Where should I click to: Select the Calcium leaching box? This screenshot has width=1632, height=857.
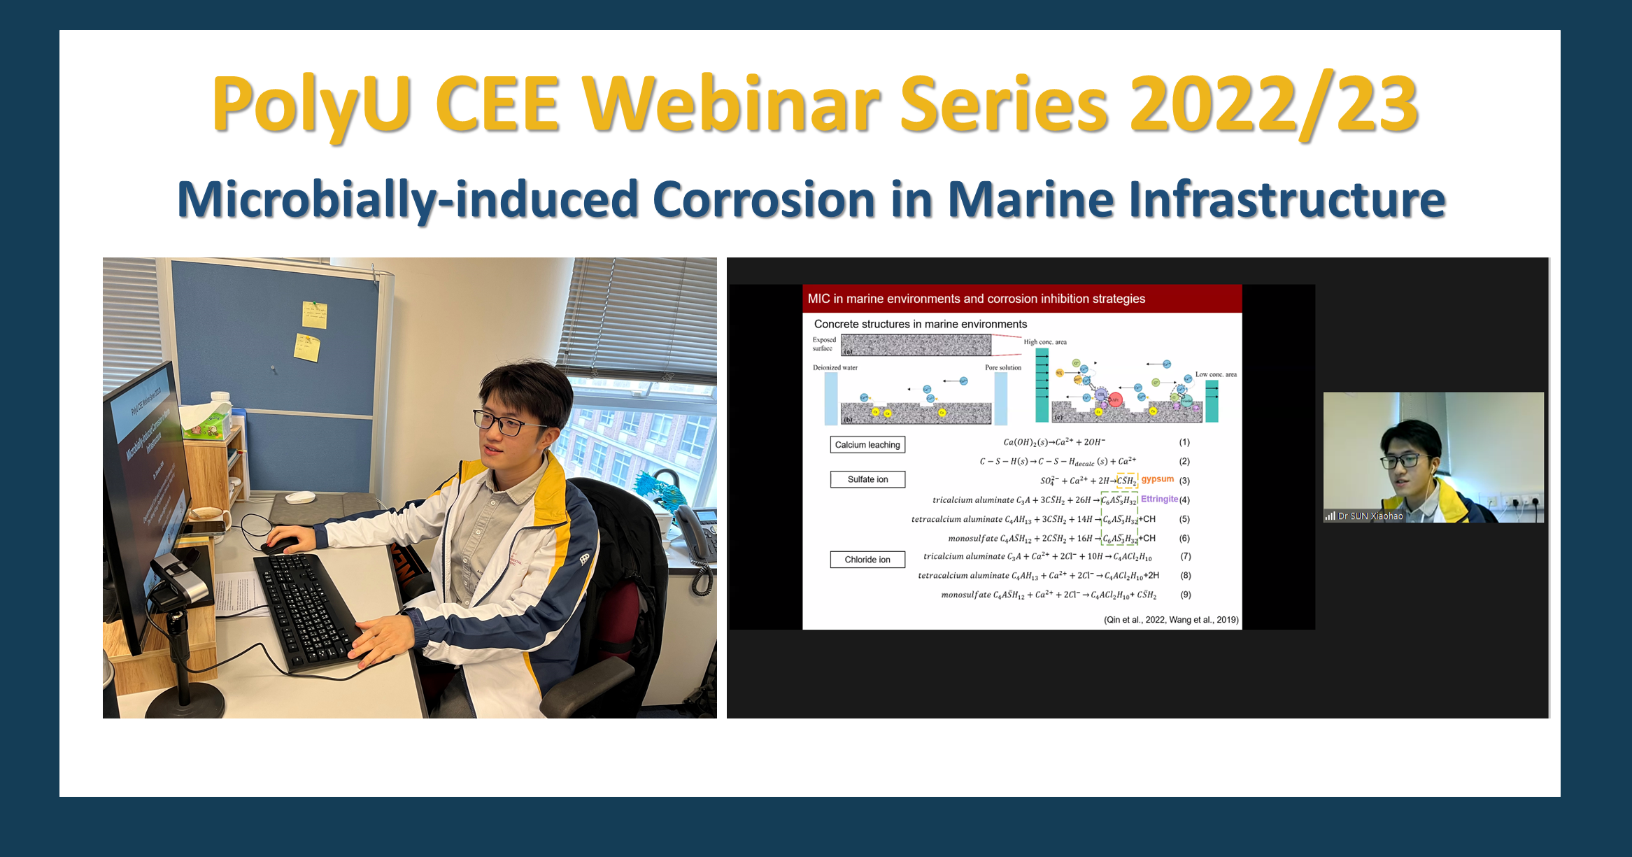coord(867,445)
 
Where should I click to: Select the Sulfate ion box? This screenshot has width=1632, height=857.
coord(867,479)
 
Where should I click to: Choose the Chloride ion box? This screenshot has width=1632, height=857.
coord(867,560)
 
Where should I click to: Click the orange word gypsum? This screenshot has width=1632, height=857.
coord(1157,479)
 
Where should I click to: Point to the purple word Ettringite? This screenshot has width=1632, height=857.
coord(1159,499)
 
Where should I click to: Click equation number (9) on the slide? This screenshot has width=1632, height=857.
coord(1186,595)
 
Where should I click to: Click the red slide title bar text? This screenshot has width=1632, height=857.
coord(976,299)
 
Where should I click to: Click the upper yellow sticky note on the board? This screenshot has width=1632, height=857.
coord(314,315)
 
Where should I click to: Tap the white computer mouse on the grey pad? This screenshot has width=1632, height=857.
coord(301,497)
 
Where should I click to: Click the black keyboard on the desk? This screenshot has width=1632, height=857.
coord(308,609)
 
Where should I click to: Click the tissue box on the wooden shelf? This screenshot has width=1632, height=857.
coord(206,420)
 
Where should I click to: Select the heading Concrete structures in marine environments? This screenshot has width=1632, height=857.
coord(920,324)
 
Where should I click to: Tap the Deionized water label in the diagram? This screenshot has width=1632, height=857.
coord(835,367)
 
